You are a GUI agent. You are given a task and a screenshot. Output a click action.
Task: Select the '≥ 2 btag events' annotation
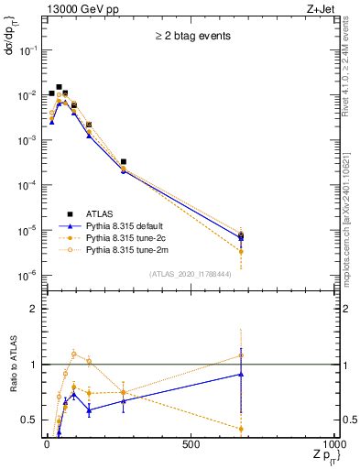pyautogui.click(x=191, y=37)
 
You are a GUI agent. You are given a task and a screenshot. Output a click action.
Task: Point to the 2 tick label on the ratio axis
pyautogui.click(x=34, y=310)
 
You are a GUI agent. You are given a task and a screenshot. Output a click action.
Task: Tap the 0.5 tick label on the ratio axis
pyautogui.click(x=29, y=420)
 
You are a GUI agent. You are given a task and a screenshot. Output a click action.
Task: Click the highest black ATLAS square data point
pyautogui.click(x=60, y=87)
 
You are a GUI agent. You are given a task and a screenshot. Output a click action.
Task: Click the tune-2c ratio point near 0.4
pyautogui.click(x=241, y=429)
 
